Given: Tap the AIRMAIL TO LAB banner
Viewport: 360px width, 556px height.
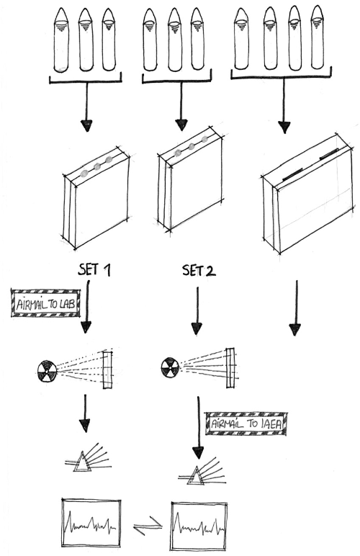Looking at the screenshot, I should (45, 302).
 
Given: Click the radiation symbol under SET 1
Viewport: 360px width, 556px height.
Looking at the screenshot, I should (47, 371).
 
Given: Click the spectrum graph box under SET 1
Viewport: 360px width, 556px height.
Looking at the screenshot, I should (91, 521).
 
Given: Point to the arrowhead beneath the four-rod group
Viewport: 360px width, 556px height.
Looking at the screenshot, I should (284, 127).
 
